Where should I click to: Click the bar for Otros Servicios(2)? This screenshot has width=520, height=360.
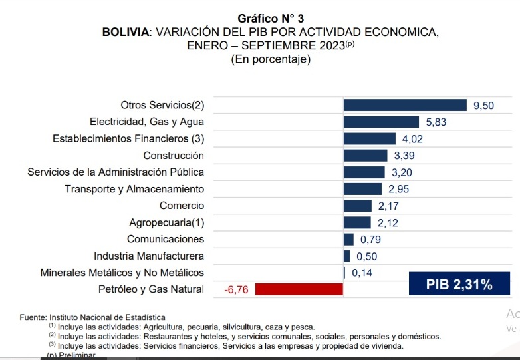tap(405, 105)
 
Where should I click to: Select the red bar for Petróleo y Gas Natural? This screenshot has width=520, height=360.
tap(299, 289)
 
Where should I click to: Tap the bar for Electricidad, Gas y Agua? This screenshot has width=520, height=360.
tap(381, 122)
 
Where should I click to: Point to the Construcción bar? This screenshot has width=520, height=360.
tap(365, 156)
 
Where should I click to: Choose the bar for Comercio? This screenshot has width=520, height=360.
tap(357, 206)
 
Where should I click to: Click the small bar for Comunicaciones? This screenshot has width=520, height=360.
tap(348, 239)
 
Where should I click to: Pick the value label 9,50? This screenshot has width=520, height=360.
tap(483, 105)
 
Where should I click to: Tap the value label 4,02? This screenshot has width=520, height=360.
tap(412, 139)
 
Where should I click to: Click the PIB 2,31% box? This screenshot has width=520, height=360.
tap(459, 285)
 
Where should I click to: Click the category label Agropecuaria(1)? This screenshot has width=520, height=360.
tap(166, 222)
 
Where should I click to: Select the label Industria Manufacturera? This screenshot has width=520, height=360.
tap(149, 256)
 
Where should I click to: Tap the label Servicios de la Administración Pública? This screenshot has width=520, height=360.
tap(116, 172)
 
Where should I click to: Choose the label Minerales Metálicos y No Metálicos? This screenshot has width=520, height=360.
tap(122, 273)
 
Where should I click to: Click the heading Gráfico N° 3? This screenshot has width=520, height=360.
tap(271, 19)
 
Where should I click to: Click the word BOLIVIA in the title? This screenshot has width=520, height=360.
tap(126, 32)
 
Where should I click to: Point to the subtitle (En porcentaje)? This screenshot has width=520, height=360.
tap(271, 59)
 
